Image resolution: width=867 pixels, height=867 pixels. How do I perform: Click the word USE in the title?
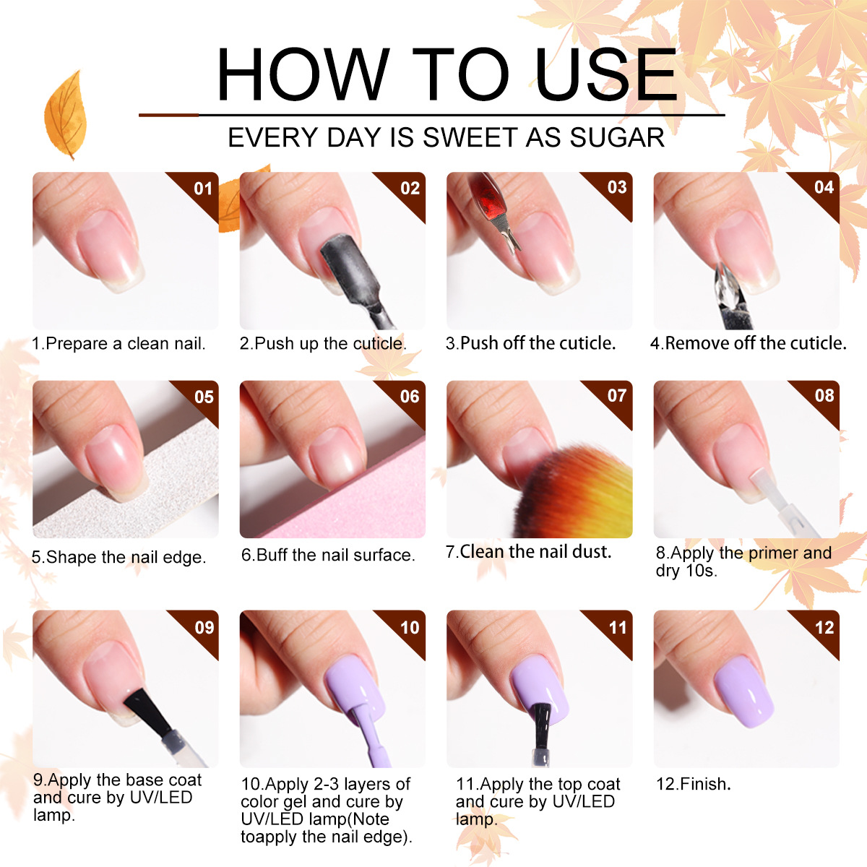pos(605,74)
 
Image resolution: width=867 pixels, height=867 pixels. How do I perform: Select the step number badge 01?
pos(203,189)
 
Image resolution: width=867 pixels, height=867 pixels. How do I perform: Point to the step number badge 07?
pos(616,396)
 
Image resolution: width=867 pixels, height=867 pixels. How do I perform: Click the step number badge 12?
pos(824,627)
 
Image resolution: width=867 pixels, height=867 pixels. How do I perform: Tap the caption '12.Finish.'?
pos(693,784)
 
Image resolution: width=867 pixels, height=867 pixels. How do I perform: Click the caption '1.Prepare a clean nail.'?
pos(118,344)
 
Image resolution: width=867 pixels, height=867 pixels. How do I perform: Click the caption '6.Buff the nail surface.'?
pos(328,555)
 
